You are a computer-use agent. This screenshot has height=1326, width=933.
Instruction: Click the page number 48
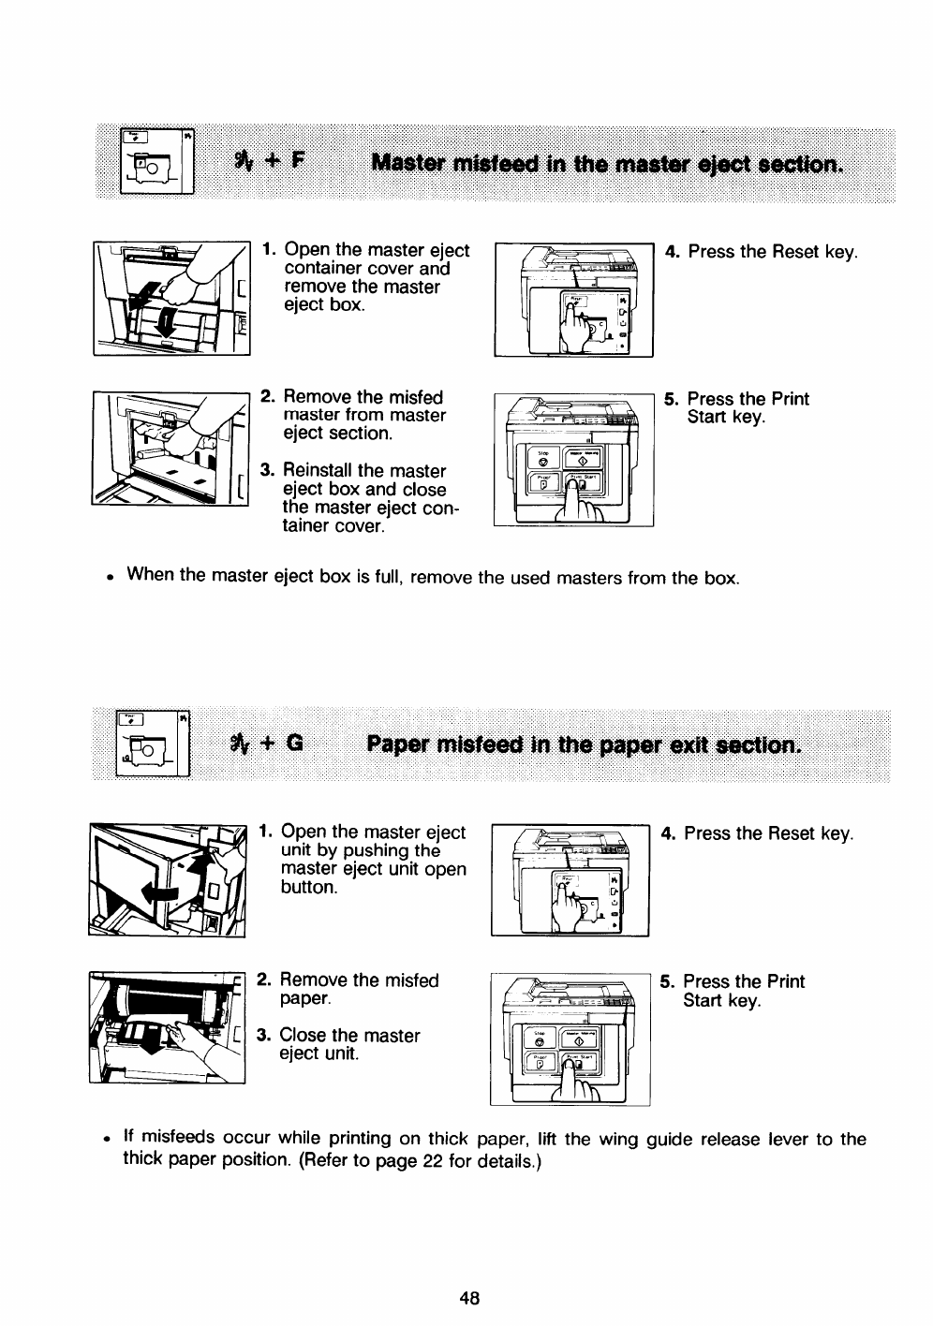469,1297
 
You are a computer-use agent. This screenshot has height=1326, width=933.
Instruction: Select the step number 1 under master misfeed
268,250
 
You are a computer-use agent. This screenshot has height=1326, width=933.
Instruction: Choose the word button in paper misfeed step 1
307,888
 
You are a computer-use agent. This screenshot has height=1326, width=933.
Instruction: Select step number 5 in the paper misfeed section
666,982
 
